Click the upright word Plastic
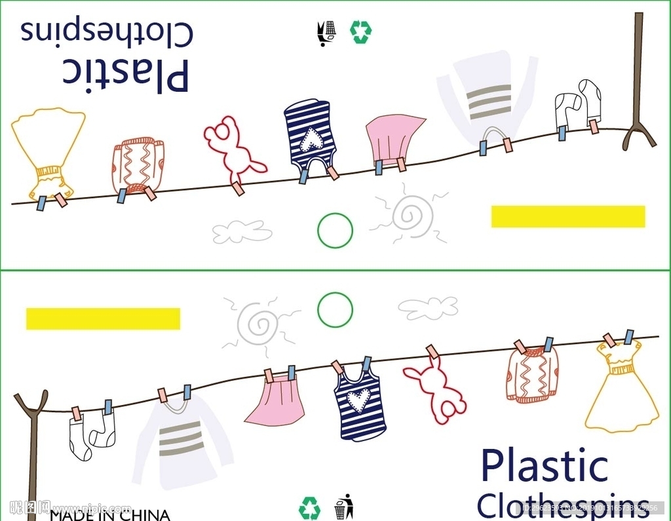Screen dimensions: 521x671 pyautogui.click(x=544, y=466)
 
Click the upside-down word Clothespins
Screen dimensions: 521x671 pyautogui.click(x=107, y=31)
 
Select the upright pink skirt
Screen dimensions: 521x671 pyautogui.click(x=275, y=403)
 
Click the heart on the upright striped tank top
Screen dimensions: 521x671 pyautogui.click(x=358, y=400)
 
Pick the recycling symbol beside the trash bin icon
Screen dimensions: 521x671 pyautogui.click(x=309, y=508)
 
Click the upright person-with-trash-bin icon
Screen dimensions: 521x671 pyautogui.click(x=343, y=506)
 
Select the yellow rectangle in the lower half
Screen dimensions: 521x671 pyautogui.click(x=103, y=318)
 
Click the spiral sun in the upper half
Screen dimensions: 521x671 pyautogui.click(x=412, y=214)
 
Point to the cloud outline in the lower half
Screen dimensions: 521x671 pyautogui.click(x=428, y=307)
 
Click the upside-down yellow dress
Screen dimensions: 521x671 pyautogui.click(x=48, y=151)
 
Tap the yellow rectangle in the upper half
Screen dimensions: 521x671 pyautogui.click(x=568, y=217)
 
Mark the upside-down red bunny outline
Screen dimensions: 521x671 pyautogui.click(x=233, y=149)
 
